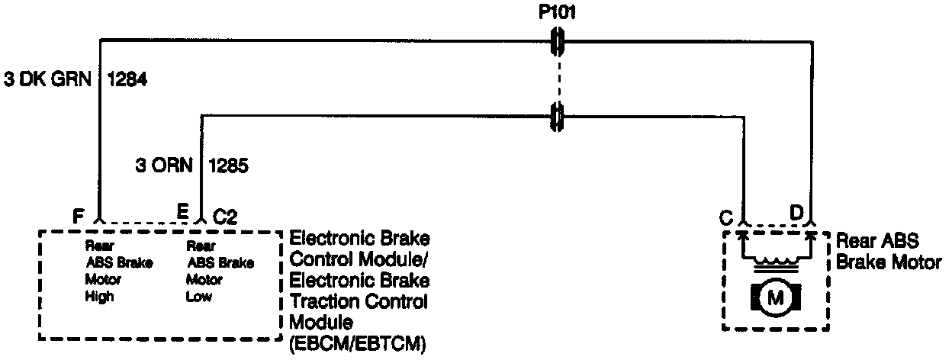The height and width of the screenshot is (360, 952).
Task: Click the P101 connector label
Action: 557,13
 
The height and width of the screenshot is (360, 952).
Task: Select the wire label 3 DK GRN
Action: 47,79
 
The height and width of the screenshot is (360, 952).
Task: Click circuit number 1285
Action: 227,165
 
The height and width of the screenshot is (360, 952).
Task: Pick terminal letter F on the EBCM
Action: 78,216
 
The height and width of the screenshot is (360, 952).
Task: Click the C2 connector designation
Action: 224,217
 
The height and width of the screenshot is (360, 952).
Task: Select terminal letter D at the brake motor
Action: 796,213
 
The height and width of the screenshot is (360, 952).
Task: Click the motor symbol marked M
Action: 775,298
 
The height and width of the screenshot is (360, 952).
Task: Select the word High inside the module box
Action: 99,297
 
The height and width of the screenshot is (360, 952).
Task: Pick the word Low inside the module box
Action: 199,297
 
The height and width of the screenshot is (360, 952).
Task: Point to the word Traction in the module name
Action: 321,301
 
